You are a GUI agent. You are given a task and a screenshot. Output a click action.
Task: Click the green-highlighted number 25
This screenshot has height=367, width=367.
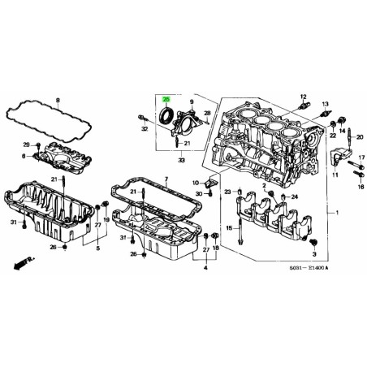point(166,95)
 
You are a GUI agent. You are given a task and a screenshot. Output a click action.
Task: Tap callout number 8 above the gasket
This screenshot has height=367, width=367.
point(58,100)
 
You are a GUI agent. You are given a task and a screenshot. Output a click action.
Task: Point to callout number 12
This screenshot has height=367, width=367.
point(302,96)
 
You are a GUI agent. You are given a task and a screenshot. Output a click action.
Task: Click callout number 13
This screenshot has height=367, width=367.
point(326,104)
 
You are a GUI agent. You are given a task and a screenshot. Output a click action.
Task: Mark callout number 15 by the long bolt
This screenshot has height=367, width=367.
point(228,227)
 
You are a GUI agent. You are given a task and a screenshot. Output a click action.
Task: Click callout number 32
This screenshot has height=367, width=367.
point(143,128)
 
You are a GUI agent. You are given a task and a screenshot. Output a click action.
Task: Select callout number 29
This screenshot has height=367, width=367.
point(26,144)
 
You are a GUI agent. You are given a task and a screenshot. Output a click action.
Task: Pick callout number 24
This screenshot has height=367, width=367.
point(295,197)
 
